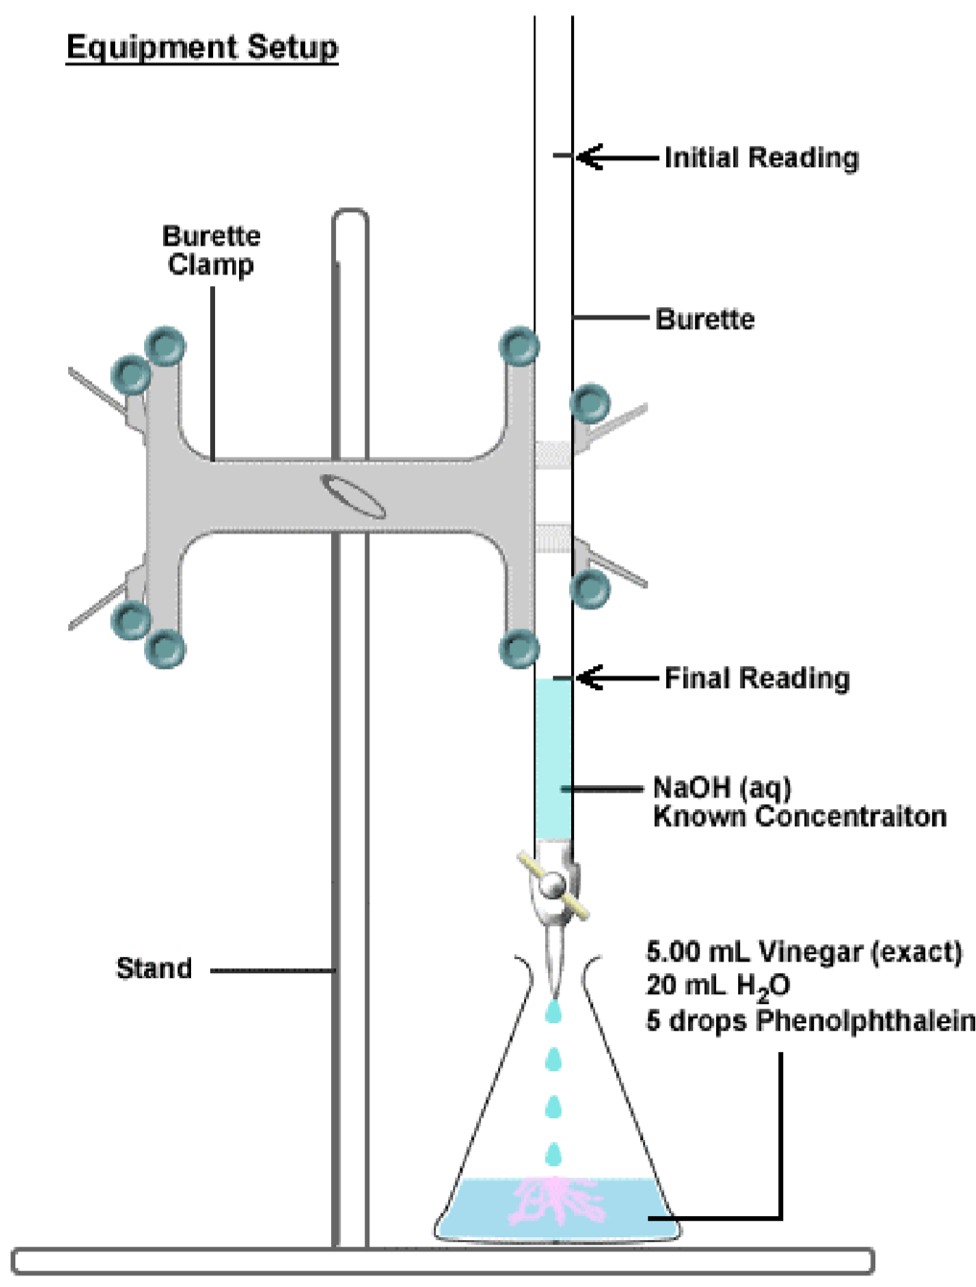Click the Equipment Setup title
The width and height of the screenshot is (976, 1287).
pyautogui.click(x=202, y=47)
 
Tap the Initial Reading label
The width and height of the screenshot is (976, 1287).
pyautogui.click(x=761, y=157)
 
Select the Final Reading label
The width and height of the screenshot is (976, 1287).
pyautogui.click(x=757, y=679)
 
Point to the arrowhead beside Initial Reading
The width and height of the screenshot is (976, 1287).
pyautogui.click(x=587, y=156)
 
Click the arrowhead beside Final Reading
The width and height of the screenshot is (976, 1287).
pyautogui.click(x=587, y=678)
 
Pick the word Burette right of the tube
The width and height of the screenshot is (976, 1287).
pyautogui.click(x=704, y=319)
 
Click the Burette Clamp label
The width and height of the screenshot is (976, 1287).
pyautogui.click(x=211, y=250)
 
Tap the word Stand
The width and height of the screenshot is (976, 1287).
pyautogui.click(x=154, y=968)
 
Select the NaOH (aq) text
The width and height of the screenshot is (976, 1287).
pyautogui.click(x=722, y=788)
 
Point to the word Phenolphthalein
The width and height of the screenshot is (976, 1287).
pyautogui.click(x=866, y=1020)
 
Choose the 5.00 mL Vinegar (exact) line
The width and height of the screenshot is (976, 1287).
pyautogui.click(x=803, y=952)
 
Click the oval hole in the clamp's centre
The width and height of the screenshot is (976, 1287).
pyautogui.click(x=353, y=495)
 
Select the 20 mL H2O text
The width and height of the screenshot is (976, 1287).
pyautogui.click(x=717, y=987)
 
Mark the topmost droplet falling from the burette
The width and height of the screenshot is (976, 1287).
pyautogui.click(x=553, y=1012)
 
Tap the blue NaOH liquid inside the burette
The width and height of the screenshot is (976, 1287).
pyautogui.click(x=553, y=758)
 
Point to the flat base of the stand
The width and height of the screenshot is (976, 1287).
pyautogui.click(x=441, y=1261)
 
